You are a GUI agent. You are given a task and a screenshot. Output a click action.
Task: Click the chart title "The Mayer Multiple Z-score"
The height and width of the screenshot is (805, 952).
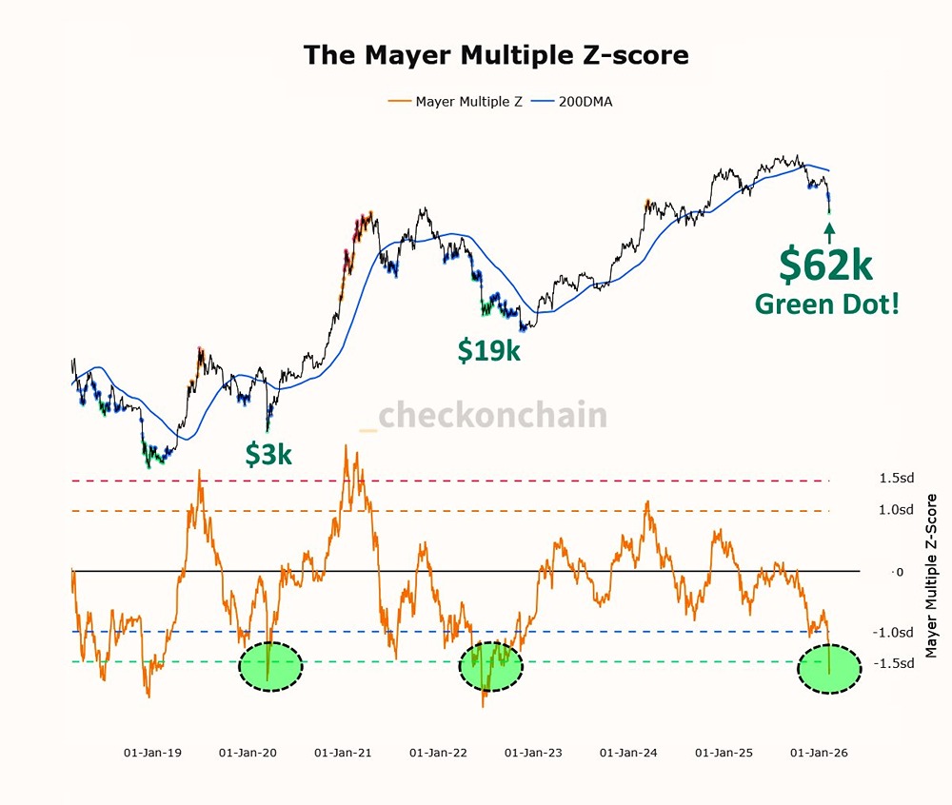(496, 54)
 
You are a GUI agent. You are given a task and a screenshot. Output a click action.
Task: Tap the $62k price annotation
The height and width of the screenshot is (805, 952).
(824, 265)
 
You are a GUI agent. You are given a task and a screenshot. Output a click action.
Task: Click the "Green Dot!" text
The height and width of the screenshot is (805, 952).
(826, 304)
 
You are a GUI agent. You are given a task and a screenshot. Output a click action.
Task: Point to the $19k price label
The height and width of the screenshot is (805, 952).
(488, 350)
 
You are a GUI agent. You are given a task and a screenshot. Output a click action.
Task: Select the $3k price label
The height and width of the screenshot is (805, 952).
(268, 455)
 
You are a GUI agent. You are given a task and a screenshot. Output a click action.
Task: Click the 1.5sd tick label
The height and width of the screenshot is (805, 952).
(896, 478)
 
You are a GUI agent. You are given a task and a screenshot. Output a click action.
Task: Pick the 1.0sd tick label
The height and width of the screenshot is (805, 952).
(896, 510)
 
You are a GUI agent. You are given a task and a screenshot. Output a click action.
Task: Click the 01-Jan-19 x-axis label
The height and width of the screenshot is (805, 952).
(152, 752)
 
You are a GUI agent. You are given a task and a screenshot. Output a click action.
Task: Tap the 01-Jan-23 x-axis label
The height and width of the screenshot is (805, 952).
(534, 752)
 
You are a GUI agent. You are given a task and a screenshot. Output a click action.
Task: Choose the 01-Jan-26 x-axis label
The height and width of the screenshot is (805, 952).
(818, 752)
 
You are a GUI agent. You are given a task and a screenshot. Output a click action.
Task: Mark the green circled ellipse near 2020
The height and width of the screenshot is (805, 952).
(269, 666)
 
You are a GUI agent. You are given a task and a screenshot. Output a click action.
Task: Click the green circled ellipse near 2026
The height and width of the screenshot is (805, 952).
(828, 668)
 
